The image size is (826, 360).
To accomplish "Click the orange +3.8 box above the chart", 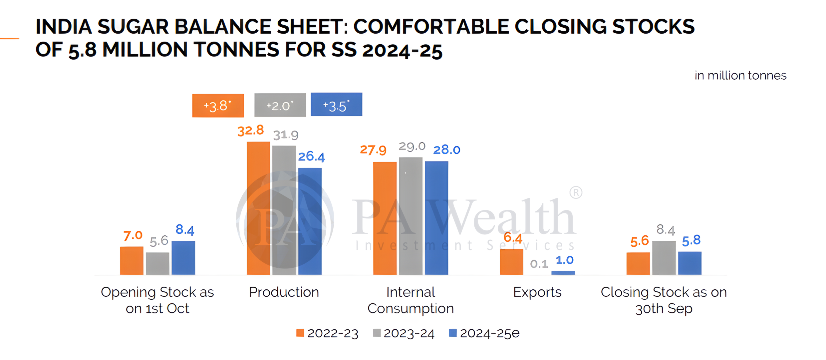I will point(218,106).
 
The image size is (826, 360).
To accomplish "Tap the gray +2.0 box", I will point(280,105).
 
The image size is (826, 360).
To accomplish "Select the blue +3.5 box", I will point(336,105).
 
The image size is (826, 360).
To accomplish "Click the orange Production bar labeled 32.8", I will point(258,208).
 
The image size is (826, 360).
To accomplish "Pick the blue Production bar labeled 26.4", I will point(310,221).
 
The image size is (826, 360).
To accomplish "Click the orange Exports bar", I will point(511,262).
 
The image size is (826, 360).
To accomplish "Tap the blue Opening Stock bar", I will point(183,258).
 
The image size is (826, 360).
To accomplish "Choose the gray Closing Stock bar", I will point(664,258).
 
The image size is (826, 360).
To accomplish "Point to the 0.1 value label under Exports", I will point(539,264).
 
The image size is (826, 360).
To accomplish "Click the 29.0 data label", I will point(412,146).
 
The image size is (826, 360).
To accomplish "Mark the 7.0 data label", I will point(133,236).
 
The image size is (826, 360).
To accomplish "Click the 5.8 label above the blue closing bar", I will point(691,240).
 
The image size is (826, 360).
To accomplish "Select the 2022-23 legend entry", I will point(327,333).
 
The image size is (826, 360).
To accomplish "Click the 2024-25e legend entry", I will point(484,333).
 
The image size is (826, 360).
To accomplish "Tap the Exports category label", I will point(537,292).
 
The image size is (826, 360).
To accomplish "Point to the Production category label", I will point(284,292).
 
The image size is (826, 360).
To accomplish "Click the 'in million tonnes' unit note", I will point(740,76).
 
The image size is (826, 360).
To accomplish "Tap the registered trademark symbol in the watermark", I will point(576,192).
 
